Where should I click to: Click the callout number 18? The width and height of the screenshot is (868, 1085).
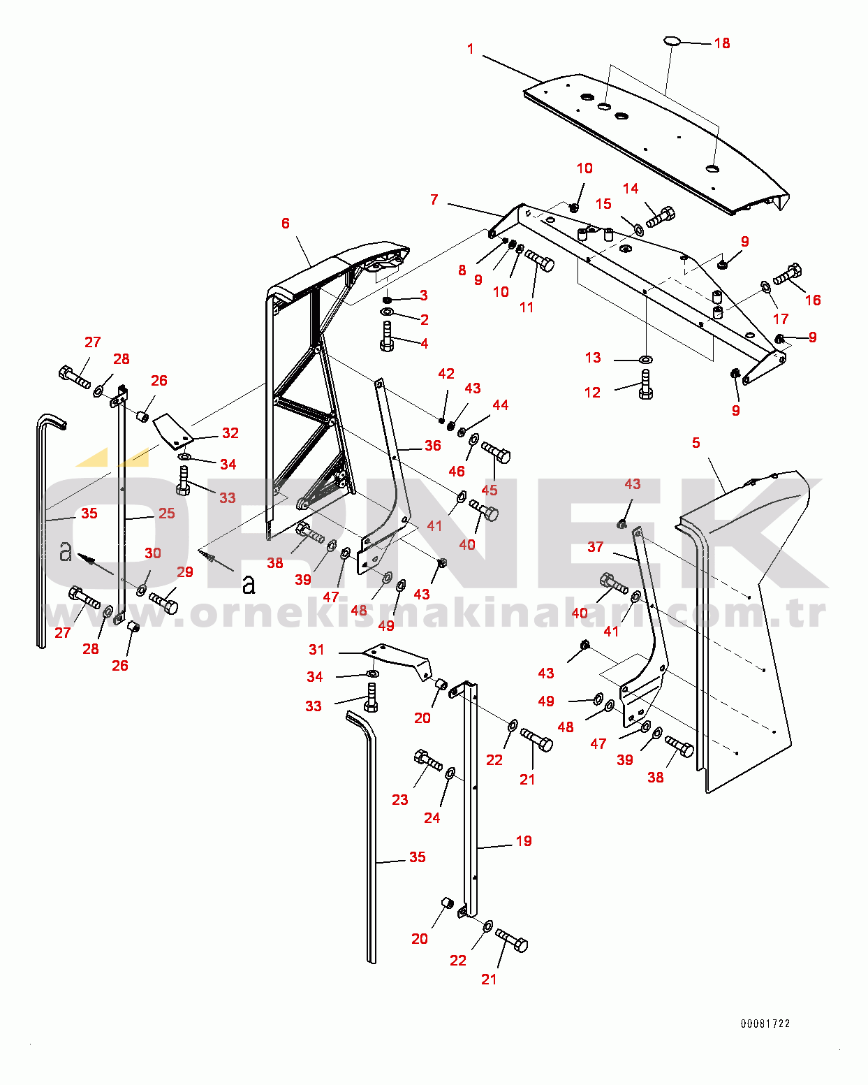721,43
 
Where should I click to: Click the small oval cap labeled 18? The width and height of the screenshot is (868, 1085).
671,41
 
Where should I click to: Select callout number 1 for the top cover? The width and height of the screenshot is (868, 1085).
471,49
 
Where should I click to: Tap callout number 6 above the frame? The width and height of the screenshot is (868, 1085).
286,223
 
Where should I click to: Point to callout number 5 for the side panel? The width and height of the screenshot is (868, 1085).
696,443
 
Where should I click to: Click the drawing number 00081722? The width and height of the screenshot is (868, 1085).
765,1024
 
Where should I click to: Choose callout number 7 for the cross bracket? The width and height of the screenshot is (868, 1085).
434,200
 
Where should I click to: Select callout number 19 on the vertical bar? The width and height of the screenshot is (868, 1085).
524,841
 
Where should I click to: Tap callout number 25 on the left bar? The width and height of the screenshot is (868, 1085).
166,514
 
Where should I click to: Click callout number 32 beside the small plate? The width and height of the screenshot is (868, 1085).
230,433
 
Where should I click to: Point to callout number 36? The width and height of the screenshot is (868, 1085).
433,446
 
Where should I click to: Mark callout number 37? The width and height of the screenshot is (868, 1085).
595,547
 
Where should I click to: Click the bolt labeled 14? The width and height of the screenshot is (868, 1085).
660,217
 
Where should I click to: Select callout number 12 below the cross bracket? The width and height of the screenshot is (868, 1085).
592,393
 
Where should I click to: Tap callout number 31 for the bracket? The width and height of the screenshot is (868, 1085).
316,650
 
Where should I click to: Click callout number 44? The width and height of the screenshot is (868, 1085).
500,405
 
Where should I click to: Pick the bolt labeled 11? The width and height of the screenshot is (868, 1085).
540,261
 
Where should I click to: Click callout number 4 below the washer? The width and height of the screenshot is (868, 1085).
424,344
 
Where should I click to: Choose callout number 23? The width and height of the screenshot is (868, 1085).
399,799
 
